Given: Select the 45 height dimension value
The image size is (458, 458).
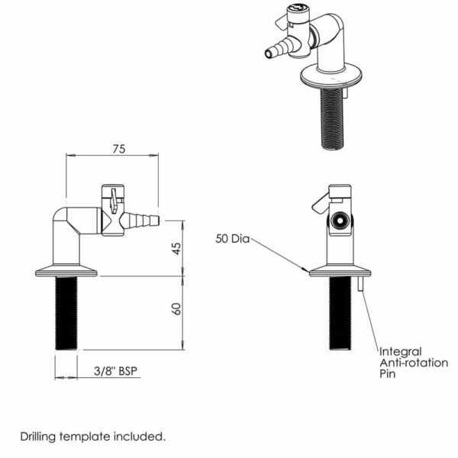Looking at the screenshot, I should coord(176,248).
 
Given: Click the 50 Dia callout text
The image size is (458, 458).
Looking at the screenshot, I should coord(232,239).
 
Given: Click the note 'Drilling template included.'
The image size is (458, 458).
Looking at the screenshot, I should coord(92,437).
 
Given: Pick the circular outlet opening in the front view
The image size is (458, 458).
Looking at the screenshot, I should coord(340,221).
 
